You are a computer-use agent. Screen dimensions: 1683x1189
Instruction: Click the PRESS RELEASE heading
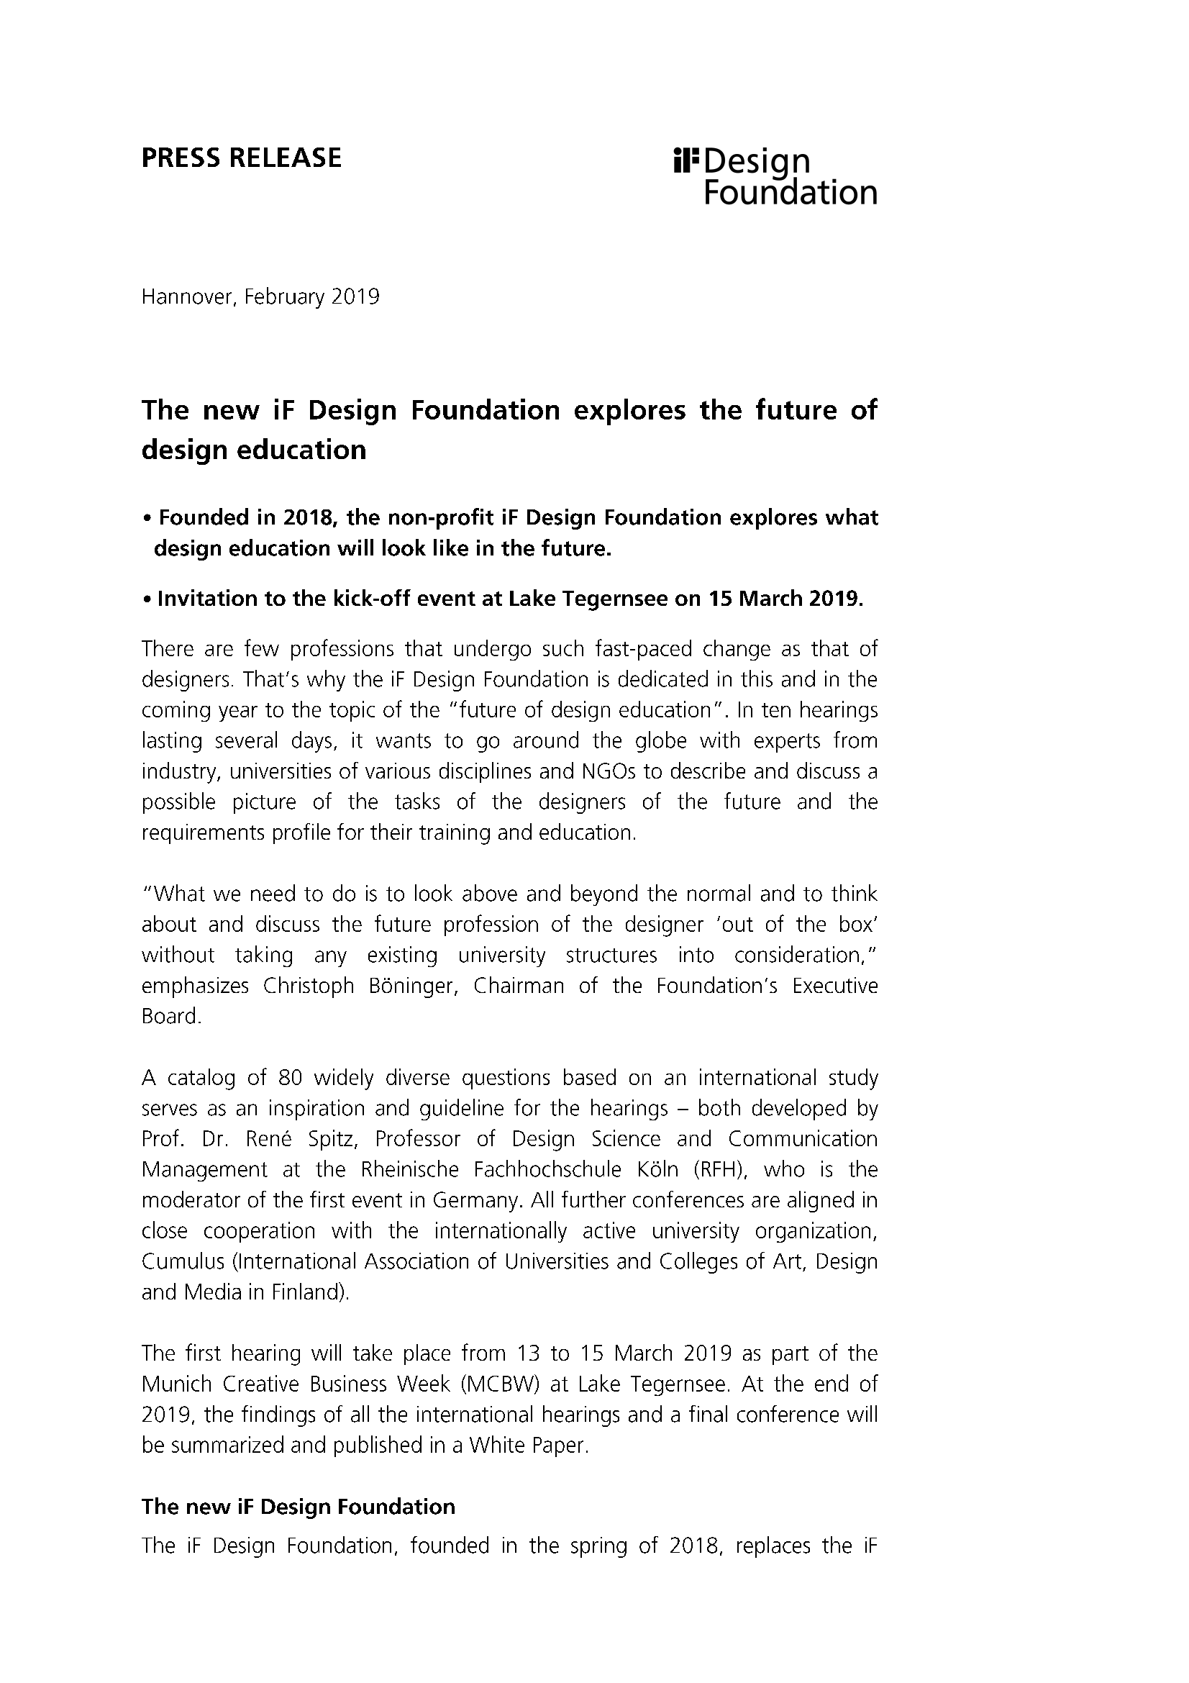[x=241, y=158]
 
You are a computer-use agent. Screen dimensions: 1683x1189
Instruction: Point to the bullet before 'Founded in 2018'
[x=147, y=519]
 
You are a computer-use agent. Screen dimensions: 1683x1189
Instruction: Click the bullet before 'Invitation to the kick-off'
[x=147, y=599]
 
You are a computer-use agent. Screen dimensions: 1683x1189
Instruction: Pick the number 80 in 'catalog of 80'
[x=291, y=1079]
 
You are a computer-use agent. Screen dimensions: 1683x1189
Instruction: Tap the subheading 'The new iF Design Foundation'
[x=299, y=1507]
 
